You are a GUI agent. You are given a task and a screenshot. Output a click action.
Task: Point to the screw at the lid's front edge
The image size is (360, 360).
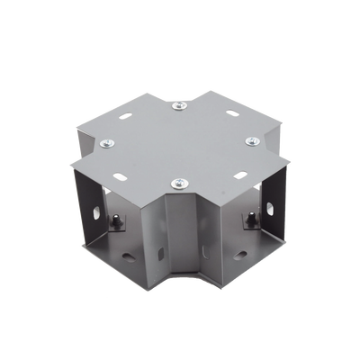[177, 184]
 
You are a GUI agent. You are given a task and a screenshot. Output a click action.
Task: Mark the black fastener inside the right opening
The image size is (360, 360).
[247, 218]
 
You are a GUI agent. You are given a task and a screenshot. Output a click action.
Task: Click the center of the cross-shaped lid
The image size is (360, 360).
[180, 144]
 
